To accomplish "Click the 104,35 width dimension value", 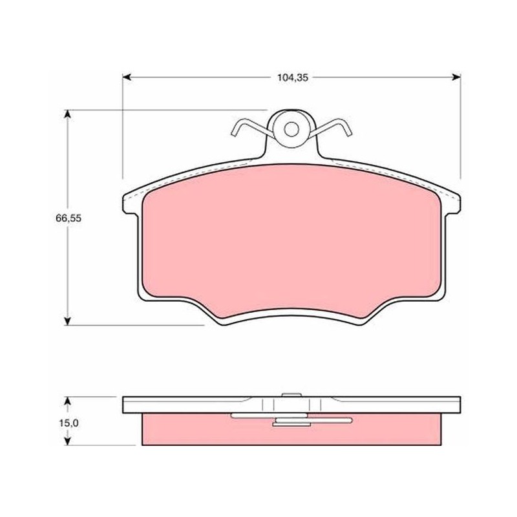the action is (x=293, y=78).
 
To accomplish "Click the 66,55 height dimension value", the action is (x=69, y=218).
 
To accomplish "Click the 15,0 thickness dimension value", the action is (x=69, y=423).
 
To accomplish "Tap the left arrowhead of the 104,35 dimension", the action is (x=127, y=78).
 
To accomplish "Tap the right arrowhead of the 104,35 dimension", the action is (x=456, y=78).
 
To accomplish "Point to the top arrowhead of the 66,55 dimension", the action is (x=68, y=114).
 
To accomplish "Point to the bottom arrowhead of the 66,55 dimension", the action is (x=68, y=321).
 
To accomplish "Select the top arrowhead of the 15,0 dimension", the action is (x=68, y=401).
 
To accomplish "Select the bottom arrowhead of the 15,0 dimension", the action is (x=68, y=441).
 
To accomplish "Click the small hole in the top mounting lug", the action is (x=291, y=129).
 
